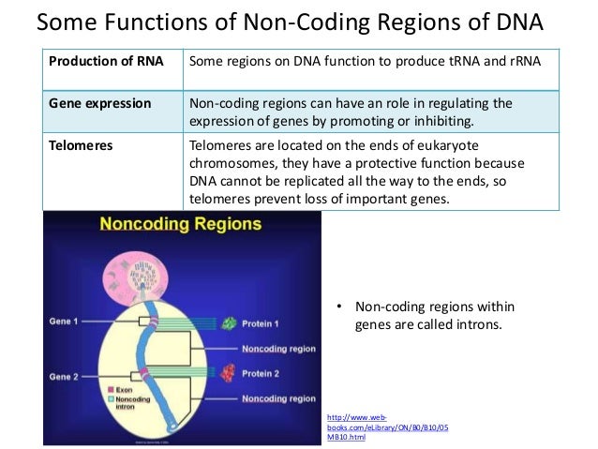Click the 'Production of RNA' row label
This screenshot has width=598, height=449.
[x=105, y=62]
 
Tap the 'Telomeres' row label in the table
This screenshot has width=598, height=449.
[x=82, y=145]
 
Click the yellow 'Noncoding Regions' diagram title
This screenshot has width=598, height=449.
[x=183, y=226]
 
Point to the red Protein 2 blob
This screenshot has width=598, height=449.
[x=228, y=373]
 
